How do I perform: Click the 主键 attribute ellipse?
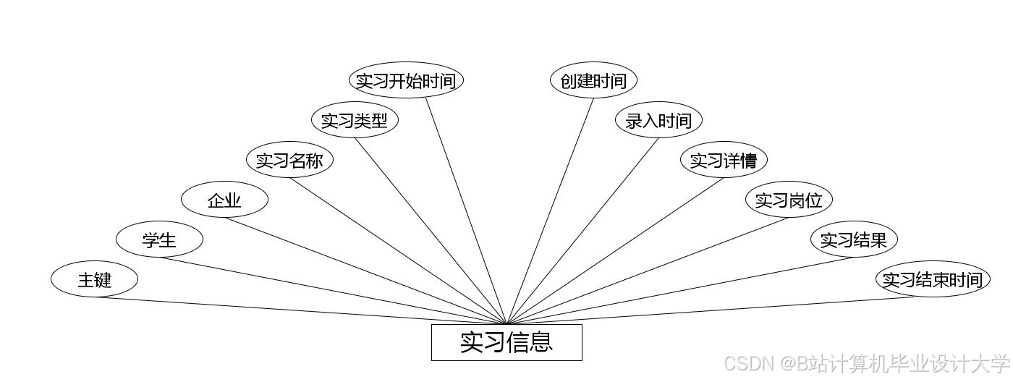pos(94,279)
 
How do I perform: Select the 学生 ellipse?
pos(159,239)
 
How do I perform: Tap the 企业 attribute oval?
pos(224,200)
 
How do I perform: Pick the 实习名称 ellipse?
pos(289,160)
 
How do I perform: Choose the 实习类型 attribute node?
pos(355,120)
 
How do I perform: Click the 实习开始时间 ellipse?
pos(406,80)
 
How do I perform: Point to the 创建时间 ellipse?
pos(593,80)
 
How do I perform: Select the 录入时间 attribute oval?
pos(658,120)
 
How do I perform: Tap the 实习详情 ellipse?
pos(724,160)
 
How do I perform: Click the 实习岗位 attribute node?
pos(789,200)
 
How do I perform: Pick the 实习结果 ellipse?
pos(854,239)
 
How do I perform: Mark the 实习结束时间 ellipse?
pos(932,279)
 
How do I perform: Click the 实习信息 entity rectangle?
pos(506,342)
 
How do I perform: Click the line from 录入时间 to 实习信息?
pos(583,231)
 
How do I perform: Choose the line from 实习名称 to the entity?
pos(398,250)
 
